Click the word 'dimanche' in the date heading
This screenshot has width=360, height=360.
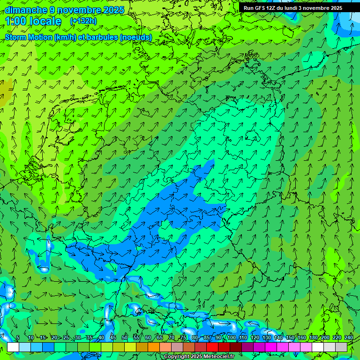[x=26, y=10]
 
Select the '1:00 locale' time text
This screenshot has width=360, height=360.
[x=33, y=21]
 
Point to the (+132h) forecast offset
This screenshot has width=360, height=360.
[x=83, y=21]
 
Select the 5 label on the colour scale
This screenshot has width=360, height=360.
[x=18, y=338]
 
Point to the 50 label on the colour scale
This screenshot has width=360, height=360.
[x=124, y=338]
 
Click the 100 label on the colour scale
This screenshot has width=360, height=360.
[x=231, y=338]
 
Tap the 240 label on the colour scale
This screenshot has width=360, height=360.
[x=348, y=338]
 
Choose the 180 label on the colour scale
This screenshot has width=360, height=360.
[x=313, y=338]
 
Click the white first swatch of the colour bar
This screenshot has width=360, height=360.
[x=13, y=347]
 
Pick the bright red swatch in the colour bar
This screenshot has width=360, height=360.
[x=212, y=347]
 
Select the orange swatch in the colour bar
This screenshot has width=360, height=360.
[x=154, y=347]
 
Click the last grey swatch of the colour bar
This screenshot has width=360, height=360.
[x=341, y=347]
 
